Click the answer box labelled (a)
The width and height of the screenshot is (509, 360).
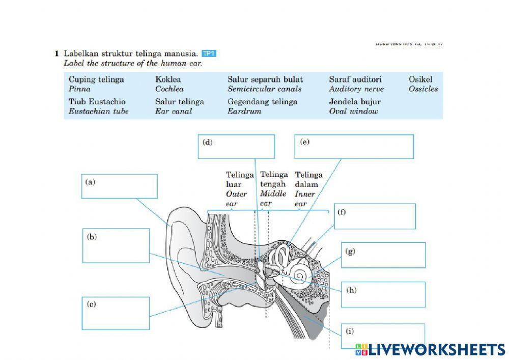point(120,186)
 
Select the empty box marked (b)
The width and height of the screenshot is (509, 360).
point(116,245)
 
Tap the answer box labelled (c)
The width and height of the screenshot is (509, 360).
point(116,314)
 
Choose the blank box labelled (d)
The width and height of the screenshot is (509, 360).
point(236,147)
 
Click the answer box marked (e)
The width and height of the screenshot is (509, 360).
point(354,147)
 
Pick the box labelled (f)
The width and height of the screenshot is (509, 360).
point(375,216)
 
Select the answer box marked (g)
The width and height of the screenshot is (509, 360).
point(383,255)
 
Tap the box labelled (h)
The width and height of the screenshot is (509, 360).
point(382,295)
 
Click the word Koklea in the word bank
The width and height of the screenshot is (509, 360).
point(168,79)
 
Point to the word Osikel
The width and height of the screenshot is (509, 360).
point(420,79)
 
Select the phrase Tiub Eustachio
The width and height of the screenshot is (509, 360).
point(97,101)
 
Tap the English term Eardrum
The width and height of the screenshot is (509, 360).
point(244,111)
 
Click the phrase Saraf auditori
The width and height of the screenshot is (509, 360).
point(355,79)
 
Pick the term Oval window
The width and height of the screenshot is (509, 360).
point(354,111)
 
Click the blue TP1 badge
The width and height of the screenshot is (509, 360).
point(209,53)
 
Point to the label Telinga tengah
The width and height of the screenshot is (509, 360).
point(274,179)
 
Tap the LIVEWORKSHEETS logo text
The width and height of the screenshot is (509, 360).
point(437,349)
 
